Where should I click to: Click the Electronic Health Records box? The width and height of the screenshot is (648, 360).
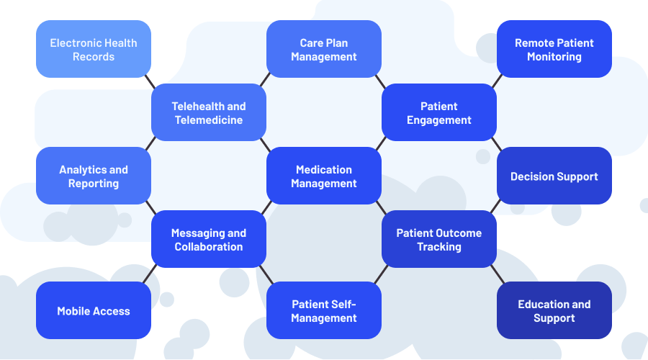tap(94, 49)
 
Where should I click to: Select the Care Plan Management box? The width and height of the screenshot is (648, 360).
tap(324, 49)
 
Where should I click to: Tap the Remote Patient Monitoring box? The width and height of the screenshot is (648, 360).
tap(554, 49)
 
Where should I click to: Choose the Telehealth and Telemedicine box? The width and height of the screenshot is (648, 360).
tap(209, 112)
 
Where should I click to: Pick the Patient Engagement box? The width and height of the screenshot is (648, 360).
tap(439, 112)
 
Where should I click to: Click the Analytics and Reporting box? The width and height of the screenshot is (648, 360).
tap(94, 176)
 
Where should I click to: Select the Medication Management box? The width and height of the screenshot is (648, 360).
tap(324, 176)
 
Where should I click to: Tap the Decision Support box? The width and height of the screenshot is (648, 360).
tap(554, 176)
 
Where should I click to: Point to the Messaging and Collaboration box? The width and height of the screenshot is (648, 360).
tap(209, 239)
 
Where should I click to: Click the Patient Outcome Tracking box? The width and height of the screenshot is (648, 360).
tap(439, 239)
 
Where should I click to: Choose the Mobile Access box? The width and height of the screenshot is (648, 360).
tap(94, 310)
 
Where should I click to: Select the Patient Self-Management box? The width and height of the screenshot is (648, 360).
tap(324, 310)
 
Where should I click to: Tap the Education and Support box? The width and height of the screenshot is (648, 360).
tap(554, 310)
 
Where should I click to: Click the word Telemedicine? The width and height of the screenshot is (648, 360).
tap(209, 120)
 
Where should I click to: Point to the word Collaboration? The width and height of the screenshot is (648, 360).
tap(209, 247)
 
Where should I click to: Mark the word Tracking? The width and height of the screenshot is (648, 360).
tap(439, 247)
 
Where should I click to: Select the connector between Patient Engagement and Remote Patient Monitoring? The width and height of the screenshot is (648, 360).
tap(497, 81)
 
